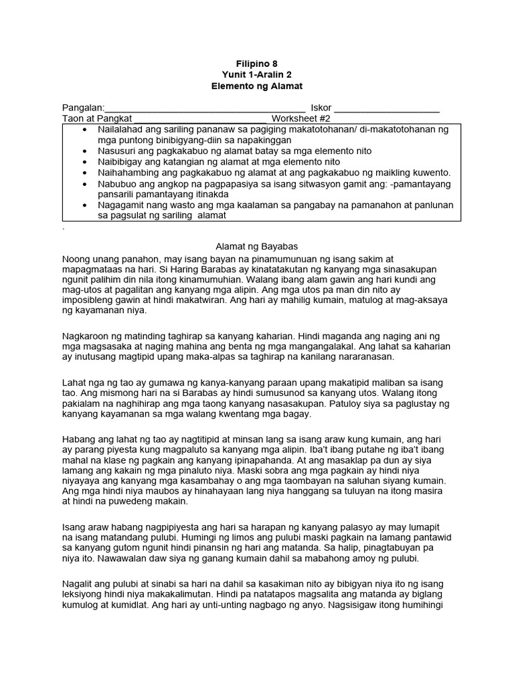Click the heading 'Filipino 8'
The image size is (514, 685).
[256, 64]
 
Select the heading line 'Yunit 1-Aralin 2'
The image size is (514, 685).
[256, 76]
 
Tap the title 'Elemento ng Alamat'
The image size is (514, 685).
[256, 87]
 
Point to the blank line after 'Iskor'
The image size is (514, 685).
[386, 109]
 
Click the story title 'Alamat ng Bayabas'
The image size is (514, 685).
[256, 247]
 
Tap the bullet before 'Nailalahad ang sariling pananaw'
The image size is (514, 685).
[84, 129]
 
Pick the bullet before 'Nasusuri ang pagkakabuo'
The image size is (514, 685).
[84, 151]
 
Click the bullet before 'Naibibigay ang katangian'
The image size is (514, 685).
[84, 162]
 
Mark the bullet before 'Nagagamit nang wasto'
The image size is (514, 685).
[84, 205]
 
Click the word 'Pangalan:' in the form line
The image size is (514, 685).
[84, 108]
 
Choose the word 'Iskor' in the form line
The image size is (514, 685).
[321, 108]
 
